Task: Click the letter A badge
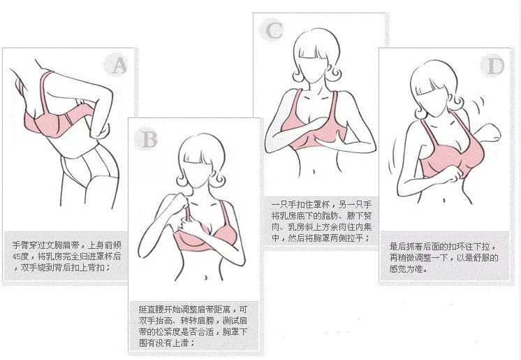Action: (119, 66)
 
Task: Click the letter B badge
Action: (149, 138)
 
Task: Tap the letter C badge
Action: (273, 30)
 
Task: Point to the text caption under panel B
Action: (193, 326)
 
